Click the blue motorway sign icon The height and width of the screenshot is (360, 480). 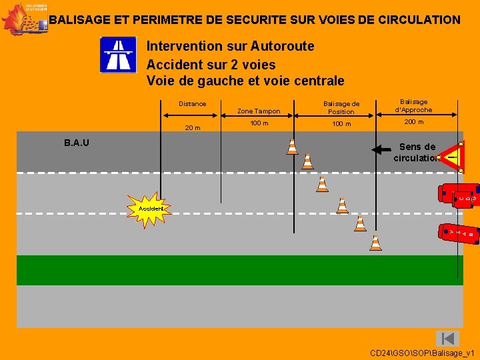(117, 55)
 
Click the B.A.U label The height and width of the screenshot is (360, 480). (77, 142)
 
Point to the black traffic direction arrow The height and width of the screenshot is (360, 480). (383, 149)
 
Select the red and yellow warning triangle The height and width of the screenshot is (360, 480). (451, 157)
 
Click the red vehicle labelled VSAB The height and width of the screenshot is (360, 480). (460, 233)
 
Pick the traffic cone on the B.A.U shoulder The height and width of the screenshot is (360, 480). (292, 147)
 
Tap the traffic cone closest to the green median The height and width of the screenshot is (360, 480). (376, 243)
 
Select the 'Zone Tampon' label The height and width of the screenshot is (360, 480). (259, 111)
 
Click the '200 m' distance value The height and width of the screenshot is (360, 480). (413, 122)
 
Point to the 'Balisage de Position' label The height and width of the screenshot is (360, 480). (341, 107)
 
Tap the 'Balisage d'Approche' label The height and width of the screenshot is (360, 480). (413, 105)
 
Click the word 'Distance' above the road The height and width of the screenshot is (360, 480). (193, 103)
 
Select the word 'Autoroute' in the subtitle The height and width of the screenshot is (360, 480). (283, 46)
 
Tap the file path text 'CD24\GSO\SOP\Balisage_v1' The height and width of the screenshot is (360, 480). (422, 352)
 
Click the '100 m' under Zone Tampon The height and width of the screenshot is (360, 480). (259, 123)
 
